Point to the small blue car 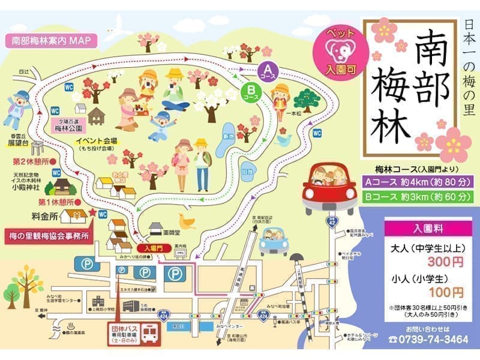(274, 240)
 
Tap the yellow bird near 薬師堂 (187, 224)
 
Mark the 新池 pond (228, 136)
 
